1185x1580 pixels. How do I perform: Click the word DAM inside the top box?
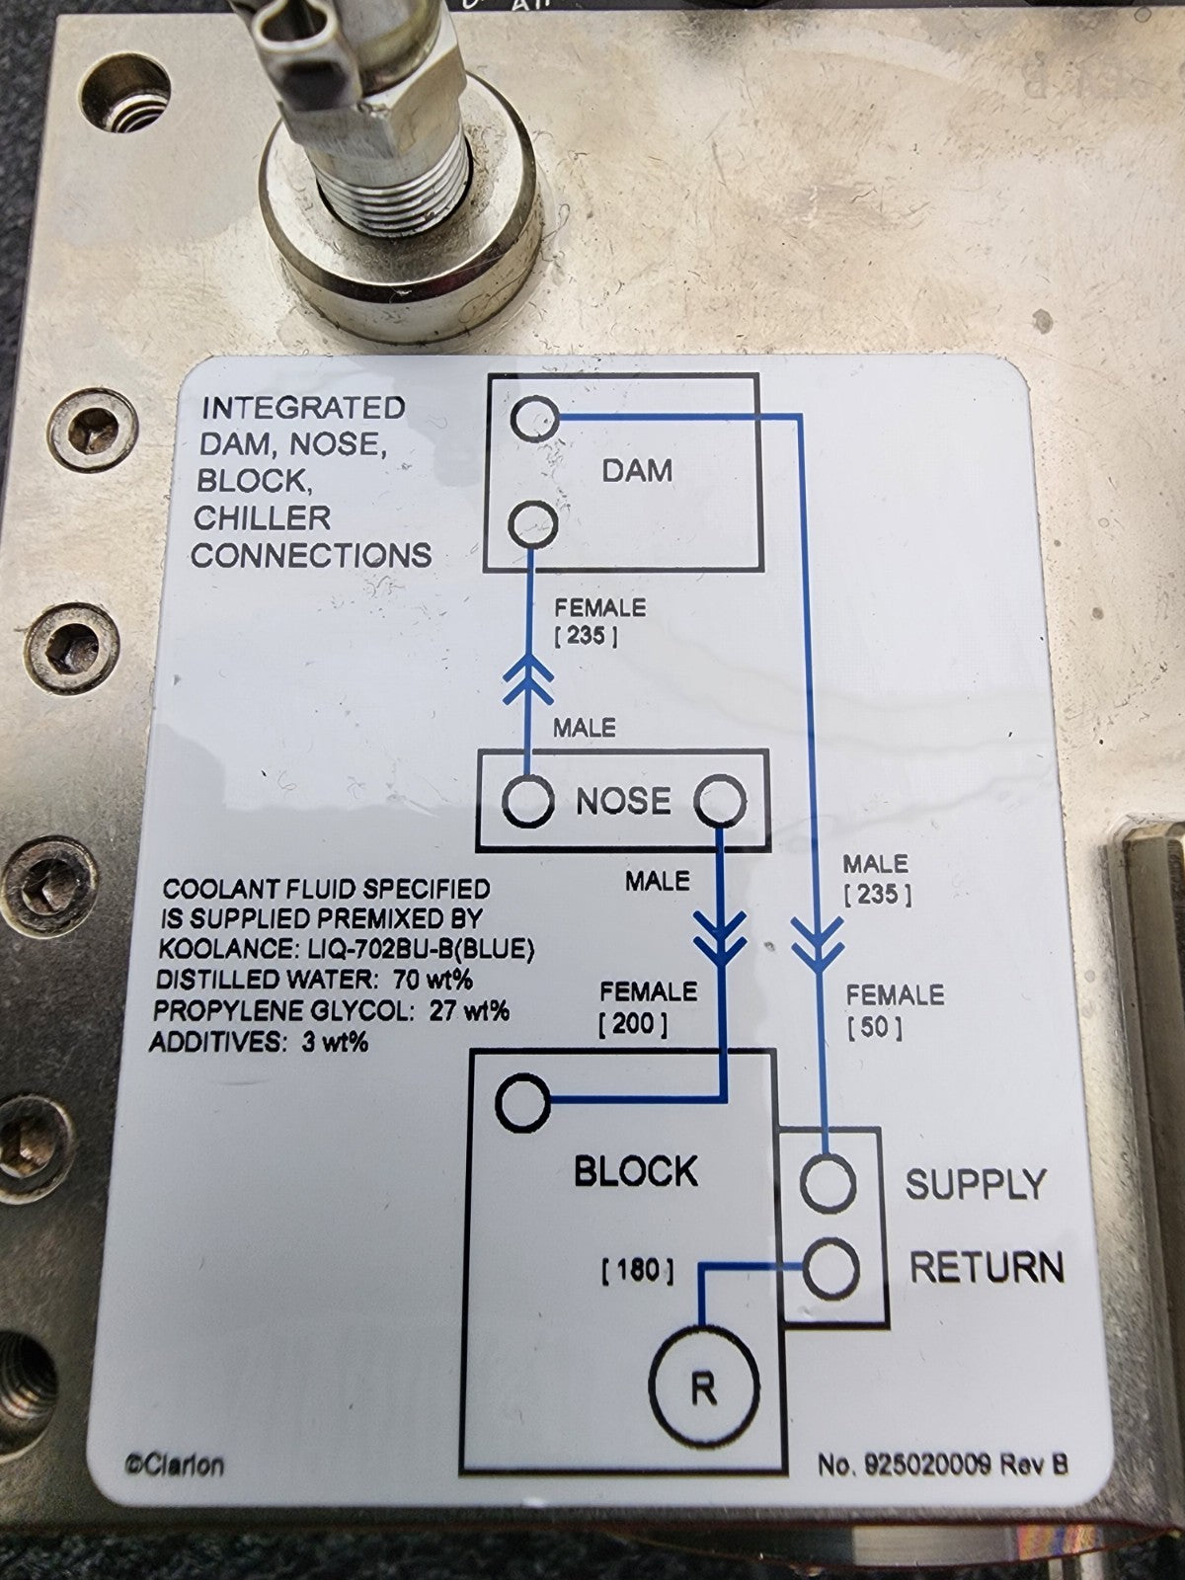(637, 470)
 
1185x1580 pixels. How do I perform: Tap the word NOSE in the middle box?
(623, 801)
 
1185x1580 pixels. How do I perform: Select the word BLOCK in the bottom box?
(635, 1172)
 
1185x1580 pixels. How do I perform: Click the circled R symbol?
(703, 1388)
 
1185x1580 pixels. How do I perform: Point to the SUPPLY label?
(976, 1184)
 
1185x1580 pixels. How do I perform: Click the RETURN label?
(986, 1267)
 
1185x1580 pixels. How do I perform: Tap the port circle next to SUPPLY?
(828, 1184)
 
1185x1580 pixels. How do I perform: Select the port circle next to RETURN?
(829, 1268)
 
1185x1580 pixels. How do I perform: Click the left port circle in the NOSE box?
(527, 801)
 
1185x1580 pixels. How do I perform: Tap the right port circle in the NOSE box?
(720, 801)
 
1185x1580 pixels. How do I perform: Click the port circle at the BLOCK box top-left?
(522, 1103)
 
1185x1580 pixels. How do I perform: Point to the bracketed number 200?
(633, 1024)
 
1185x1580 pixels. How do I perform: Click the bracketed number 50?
(875, 1028)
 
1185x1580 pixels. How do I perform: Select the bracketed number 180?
(638, 1270)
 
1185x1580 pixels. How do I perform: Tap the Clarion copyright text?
(174, 1464)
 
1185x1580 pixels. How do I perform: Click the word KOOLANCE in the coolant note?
(213, 950)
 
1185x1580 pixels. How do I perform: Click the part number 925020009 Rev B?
(942, 1464)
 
